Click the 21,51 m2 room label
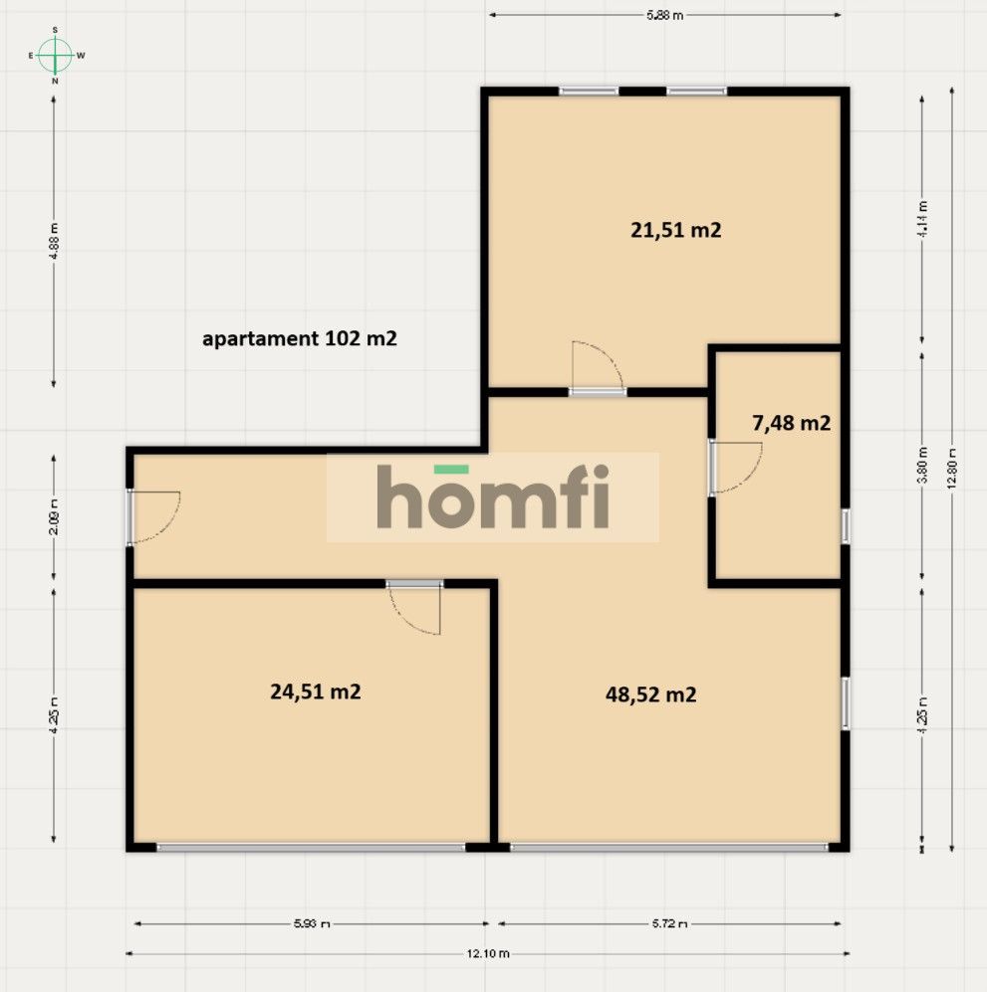[675, 230]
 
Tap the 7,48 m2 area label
[791, 423]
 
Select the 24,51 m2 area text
[315, 692]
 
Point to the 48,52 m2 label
[650, 694]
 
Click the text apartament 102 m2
[300, 338]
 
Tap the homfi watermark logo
[493, 497]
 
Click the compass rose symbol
[55, 55]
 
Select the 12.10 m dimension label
[488, 953]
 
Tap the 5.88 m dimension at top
[664, 15]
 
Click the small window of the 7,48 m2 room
[845, 525]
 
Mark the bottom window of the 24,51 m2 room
[311, 847]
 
